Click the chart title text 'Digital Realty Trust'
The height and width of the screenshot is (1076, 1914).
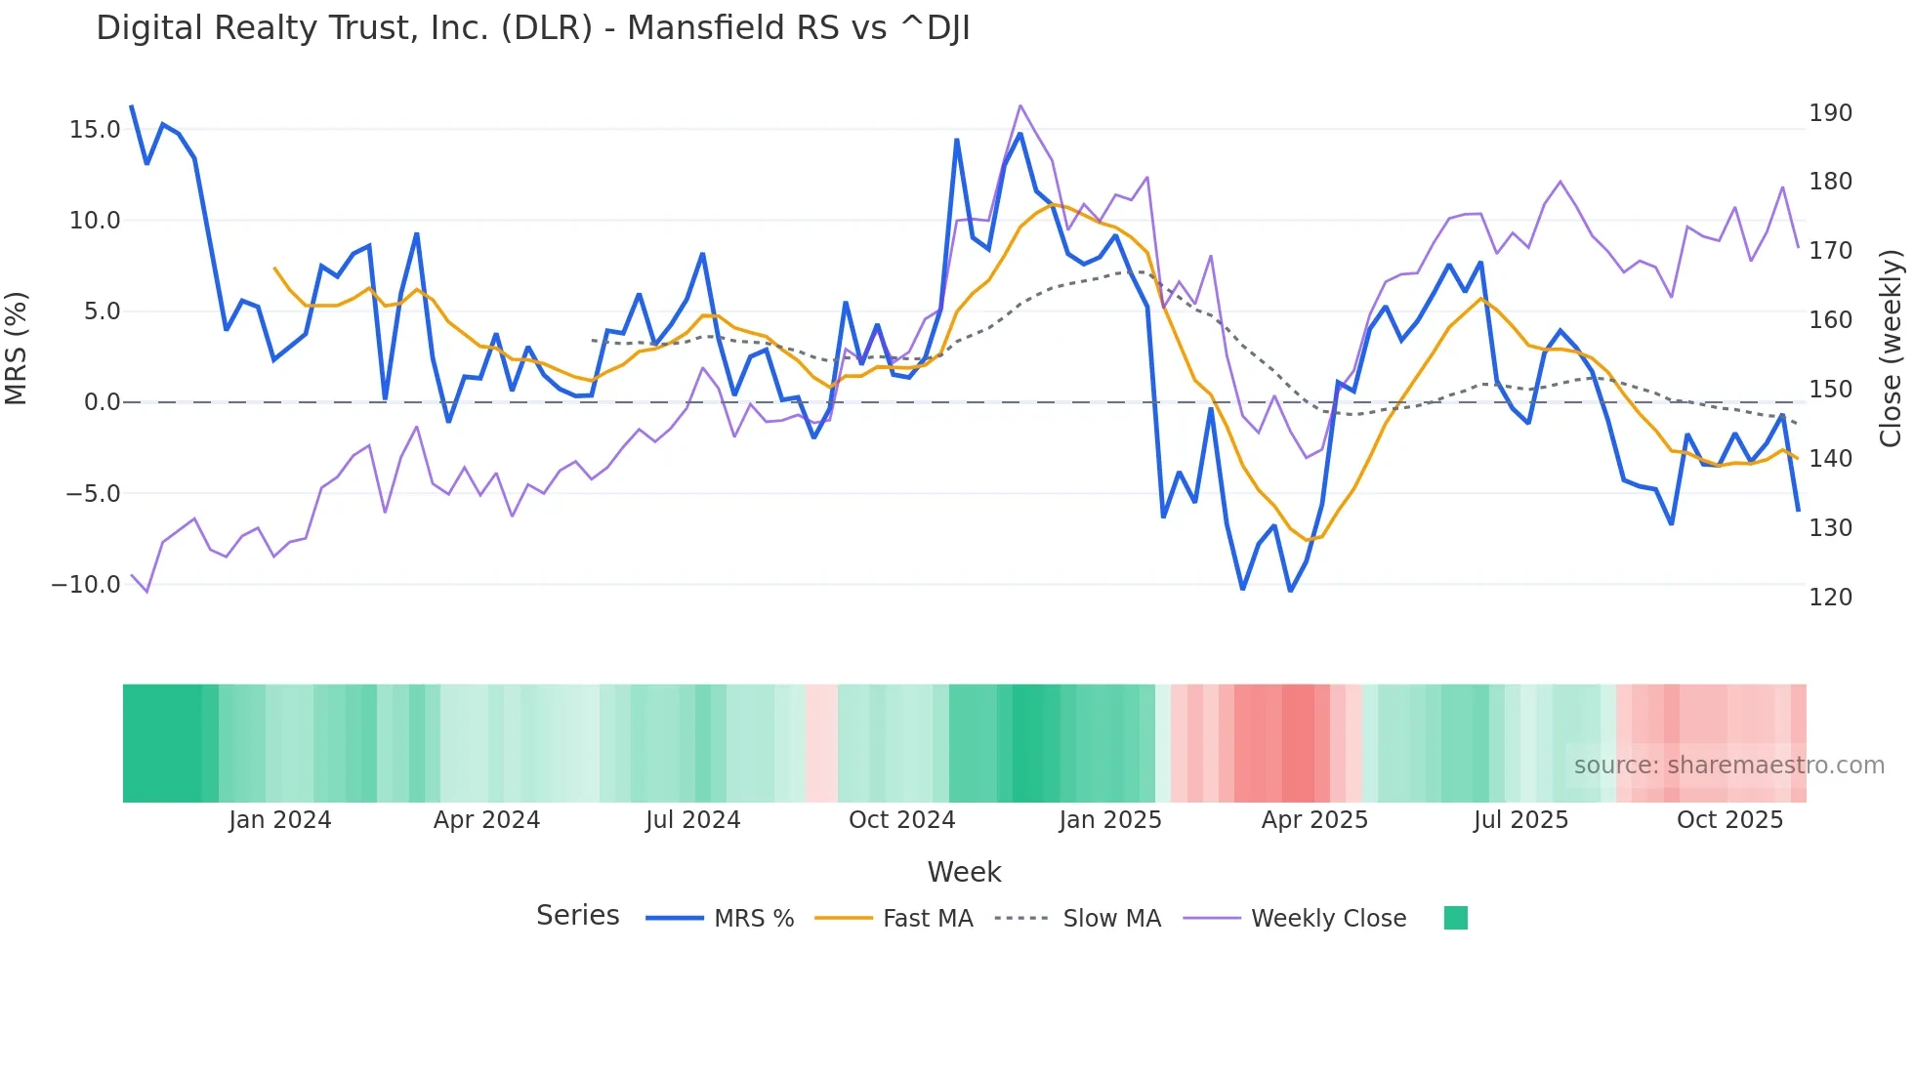point(532,28)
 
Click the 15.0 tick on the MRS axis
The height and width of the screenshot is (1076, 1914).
point(95,130)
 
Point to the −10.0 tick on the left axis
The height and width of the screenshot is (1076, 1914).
point(86,585)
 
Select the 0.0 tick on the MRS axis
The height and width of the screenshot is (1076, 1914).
point(102,402)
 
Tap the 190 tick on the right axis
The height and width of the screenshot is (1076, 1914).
point(1830,113)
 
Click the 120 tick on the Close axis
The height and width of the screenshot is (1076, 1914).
point(1830,597)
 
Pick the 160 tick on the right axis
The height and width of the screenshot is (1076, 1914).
point(1830,320)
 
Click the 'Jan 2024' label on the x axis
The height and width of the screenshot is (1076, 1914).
point(280,820)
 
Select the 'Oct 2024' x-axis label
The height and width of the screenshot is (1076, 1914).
point(901,820)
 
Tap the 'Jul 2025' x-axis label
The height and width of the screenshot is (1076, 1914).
point(1520,820)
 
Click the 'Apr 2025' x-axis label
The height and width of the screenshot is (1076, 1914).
point(1314,820)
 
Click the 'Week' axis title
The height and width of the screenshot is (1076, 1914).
point(964,872)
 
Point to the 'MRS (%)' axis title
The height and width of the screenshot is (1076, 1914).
point(17,349)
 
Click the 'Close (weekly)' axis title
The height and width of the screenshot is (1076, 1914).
point(1891,349)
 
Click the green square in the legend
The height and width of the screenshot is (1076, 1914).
point(1455,918)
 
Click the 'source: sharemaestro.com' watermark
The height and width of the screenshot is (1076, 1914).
point(1728,766)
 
